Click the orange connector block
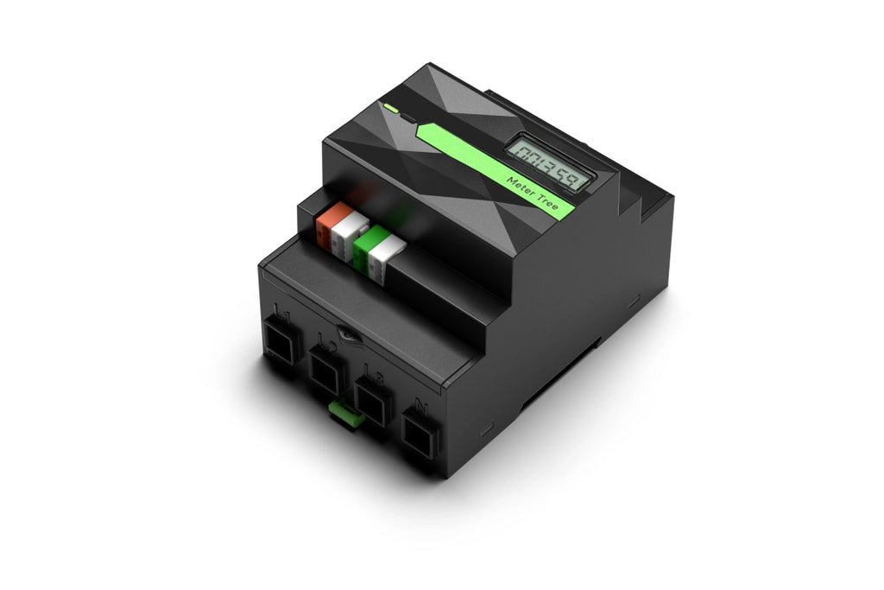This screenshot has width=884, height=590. tap(331, 225)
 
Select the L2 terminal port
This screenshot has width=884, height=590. tap(327, 370)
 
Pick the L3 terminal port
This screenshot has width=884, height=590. tap(373, 400)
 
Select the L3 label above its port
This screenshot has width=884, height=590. tap(373, 372)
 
